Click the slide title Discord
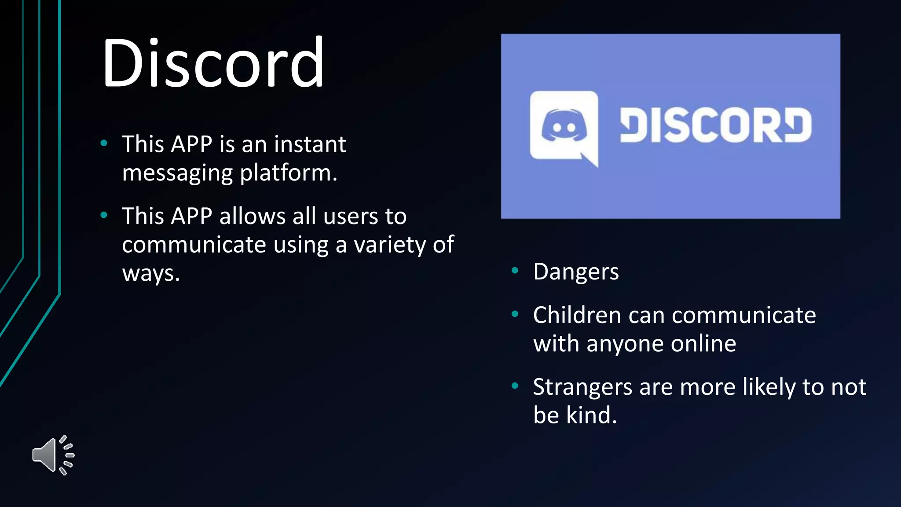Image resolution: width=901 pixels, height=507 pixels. pos(213,63)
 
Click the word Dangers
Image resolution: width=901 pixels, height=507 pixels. pos(576,272)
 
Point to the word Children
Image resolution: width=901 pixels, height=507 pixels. pos(577,315)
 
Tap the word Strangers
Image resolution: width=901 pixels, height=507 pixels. pos(582,388)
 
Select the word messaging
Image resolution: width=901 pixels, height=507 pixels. pos(177,173)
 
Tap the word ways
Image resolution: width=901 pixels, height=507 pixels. pos(150,273)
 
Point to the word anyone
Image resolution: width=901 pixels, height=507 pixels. pos(625,344)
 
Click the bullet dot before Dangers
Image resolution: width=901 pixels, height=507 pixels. pos(515,271)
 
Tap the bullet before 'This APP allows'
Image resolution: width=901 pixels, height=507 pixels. pos(104,215)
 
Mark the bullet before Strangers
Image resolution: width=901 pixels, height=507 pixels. pos(515,386)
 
